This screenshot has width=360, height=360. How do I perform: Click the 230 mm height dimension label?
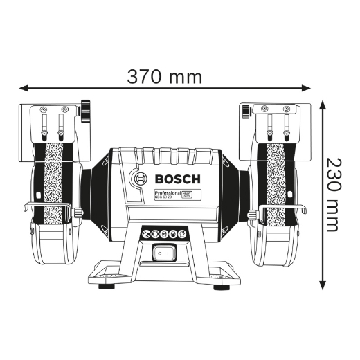point(334,195)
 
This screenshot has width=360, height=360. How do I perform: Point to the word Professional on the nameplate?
point(168,194)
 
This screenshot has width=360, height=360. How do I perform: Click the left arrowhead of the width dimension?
point(23,88)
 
